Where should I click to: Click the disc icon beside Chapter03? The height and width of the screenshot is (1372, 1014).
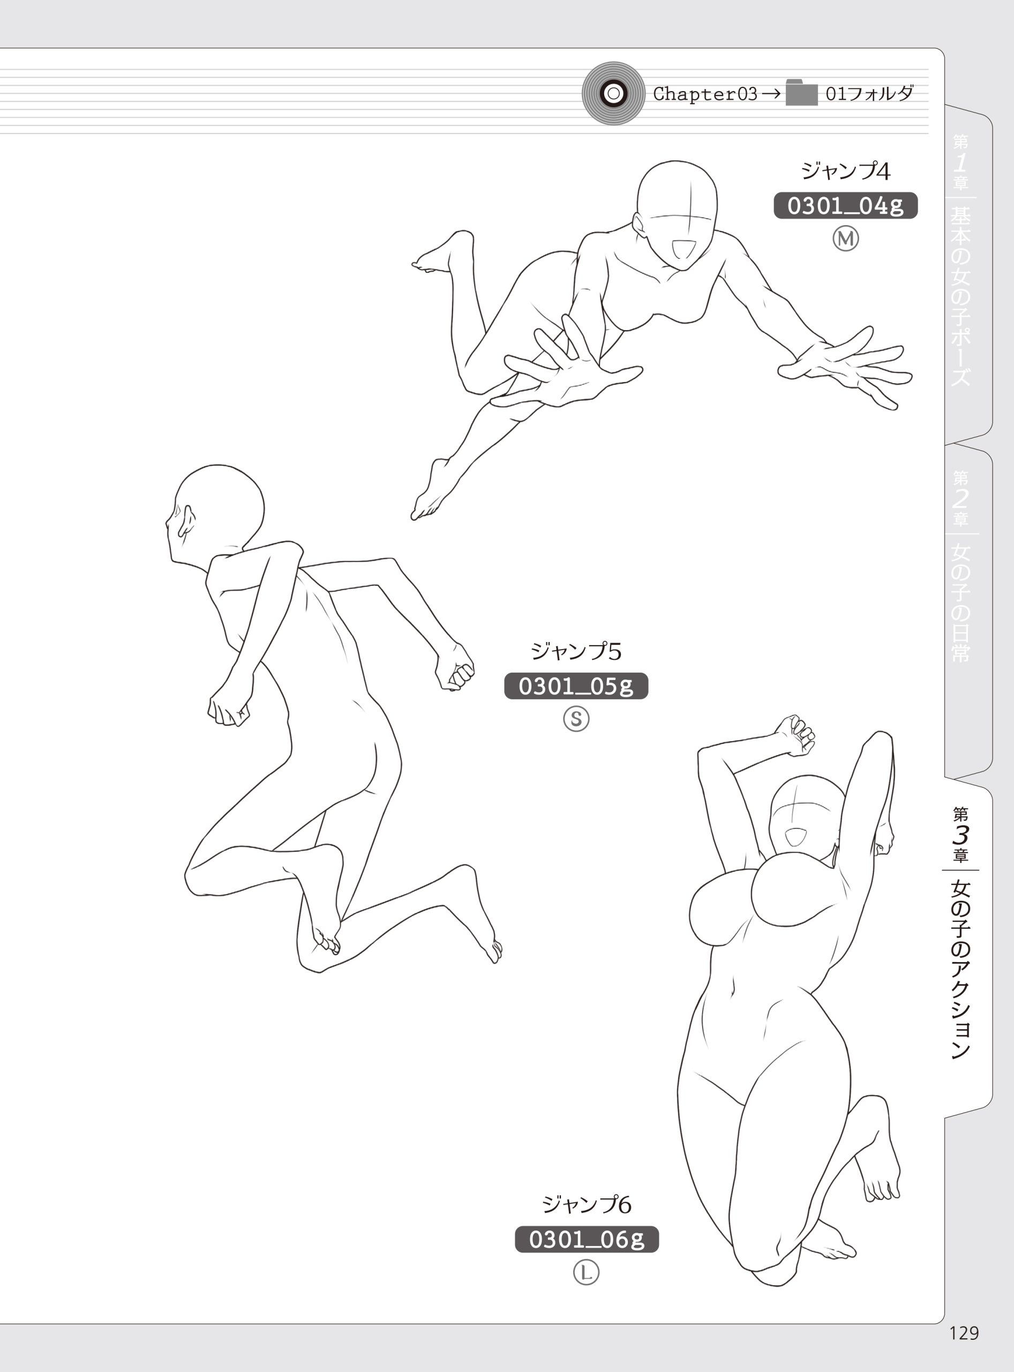[x=613, y=93]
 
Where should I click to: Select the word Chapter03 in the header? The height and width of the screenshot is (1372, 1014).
[x=705, y=94]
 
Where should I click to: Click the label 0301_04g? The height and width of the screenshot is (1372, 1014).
[x=845, y=206]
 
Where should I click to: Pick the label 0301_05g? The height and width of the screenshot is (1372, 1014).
[x=576, y=685]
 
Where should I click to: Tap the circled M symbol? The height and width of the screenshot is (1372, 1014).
[x=845, y=238]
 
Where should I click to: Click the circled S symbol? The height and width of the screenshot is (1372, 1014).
[x=576, y=718]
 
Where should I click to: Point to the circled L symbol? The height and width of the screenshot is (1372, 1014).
[x=586, y=1272]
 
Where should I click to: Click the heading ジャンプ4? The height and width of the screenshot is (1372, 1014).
[x=845, y=171]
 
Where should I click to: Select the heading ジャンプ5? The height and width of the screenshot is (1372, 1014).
[x=576, y=651]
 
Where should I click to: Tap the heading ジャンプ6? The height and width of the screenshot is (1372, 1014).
[x=586, y=1205]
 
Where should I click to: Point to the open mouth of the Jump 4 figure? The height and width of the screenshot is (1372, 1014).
[x=682, y=249]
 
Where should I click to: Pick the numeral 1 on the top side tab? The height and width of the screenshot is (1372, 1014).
[x=960, y=163]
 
